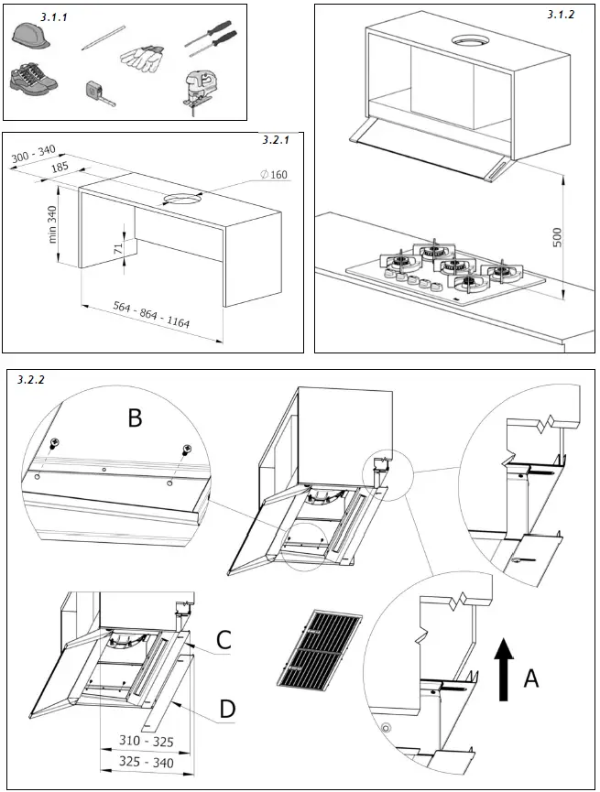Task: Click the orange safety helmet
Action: point(30,37)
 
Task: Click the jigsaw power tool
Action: point(203,90)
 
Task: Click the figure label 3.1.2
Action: point(561,15)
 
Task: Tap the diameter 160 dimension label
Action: point(274,175)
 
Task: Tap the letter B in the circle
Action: point(135,418)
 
